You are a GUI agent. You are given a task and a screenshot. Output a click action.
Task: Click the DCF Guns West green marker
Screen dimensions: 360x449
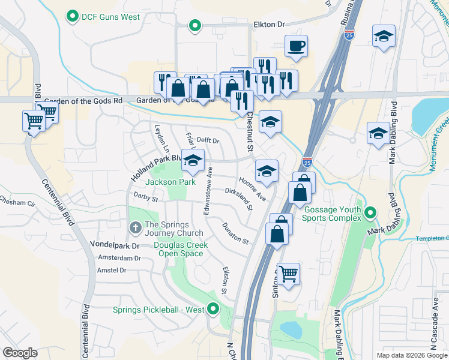[73, 17]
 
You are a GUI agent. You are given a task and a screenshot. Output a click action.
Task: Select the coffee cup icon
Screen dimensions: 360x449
[296, 46]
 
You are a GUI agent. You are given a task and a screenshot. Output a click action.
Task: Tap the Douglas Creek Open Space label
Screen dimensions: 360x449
[181, 249]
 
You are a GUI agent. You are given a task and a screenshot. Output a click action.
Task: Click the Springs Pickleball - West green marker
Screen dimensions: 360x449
[212, 310]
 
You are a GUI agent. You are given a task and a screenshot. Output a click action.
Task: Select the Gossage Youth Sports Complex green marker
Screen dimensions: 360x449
[371, 213]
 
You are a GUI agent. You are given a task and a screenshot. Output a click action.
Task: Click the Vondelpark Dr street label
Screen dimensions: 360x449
[114, 245]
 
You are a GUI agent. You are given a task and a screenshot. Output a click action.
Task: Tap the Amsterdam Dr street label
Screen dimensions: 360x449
[121, 258]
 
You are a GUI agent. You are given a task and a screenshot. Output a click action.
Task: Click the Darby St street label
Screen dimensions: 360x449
[145, 197]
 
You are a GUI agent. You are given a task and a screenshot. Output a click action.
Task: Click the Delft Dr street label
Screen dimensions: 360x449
[208, 140]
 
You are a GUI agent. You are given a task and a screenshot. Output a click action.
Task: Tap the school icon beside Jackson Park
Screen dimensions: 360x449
[193, 161]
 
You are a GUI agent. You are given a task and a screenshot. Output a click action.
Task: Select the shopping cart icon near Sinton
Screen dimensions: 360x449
[289, 274]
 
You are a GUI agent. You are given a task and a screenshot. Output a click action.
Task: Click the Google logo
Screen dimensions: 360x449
[20, 353]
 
